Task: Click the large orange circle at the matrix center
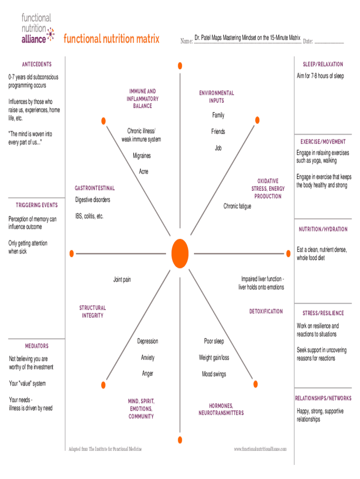(180, 253)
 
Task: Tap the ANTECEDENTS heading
(37, 65)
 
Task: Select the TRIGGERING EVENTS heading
(37, 205)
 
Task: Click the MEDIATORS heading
(37, 346)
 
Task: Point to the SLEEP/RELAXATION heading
(323, 65)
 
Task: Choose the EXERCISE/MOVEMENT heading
(323, 142)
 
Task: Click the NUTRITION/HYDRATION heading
(323, 229)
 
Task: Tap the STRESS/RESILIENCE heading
(323, 313)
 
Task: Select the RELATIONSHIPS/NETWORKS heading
(323, 399)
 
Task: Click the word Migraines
(142, 156)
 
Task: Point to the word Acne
(144, 172)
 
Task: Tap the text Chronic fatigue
(237, 206)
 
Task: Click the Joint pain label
(122, 280)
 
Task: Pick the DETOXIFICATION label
(266, 312)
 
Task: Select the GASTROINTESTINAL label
(94, 189)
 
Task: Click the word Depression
(148, 341)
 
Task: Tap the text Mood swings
(214, 374)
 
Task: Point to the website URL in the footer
(260, 450)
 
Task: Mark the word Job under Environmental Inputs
(218, 148)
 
